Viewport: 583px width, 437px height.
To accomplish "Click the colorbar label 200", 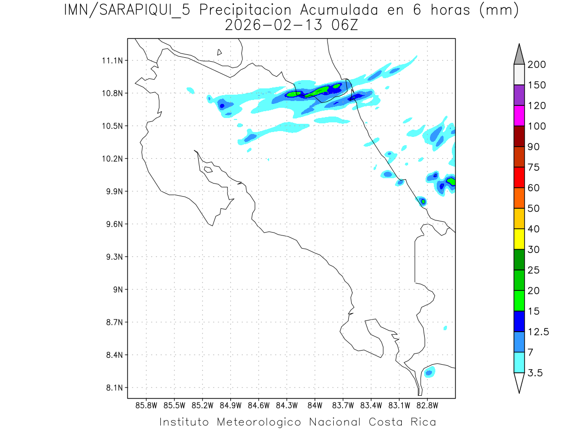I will tap(537, 65).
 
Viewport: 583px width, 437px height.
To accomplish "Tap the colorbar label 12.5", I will tap(538, 332).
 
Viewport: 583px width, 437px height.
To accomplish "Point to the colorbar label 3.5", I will tap(535, 373).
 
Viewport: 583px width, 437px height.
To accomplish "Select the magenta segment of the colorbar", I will tap(519, 116).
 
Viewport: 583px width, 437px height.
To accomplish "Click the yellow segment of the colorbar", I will tap(519, 239).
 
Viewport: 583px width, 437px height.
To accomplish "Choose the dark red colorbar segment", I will tap(519, 136).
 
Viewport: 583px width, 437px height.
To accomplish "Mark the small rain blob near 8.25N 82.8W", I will tap(429, 373).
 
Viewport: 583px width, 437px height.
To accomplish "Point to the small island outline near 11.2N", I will tap(220, 52).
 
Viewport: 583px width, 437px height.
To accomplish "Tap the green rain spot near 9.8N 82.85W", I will tap(423, 201).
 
